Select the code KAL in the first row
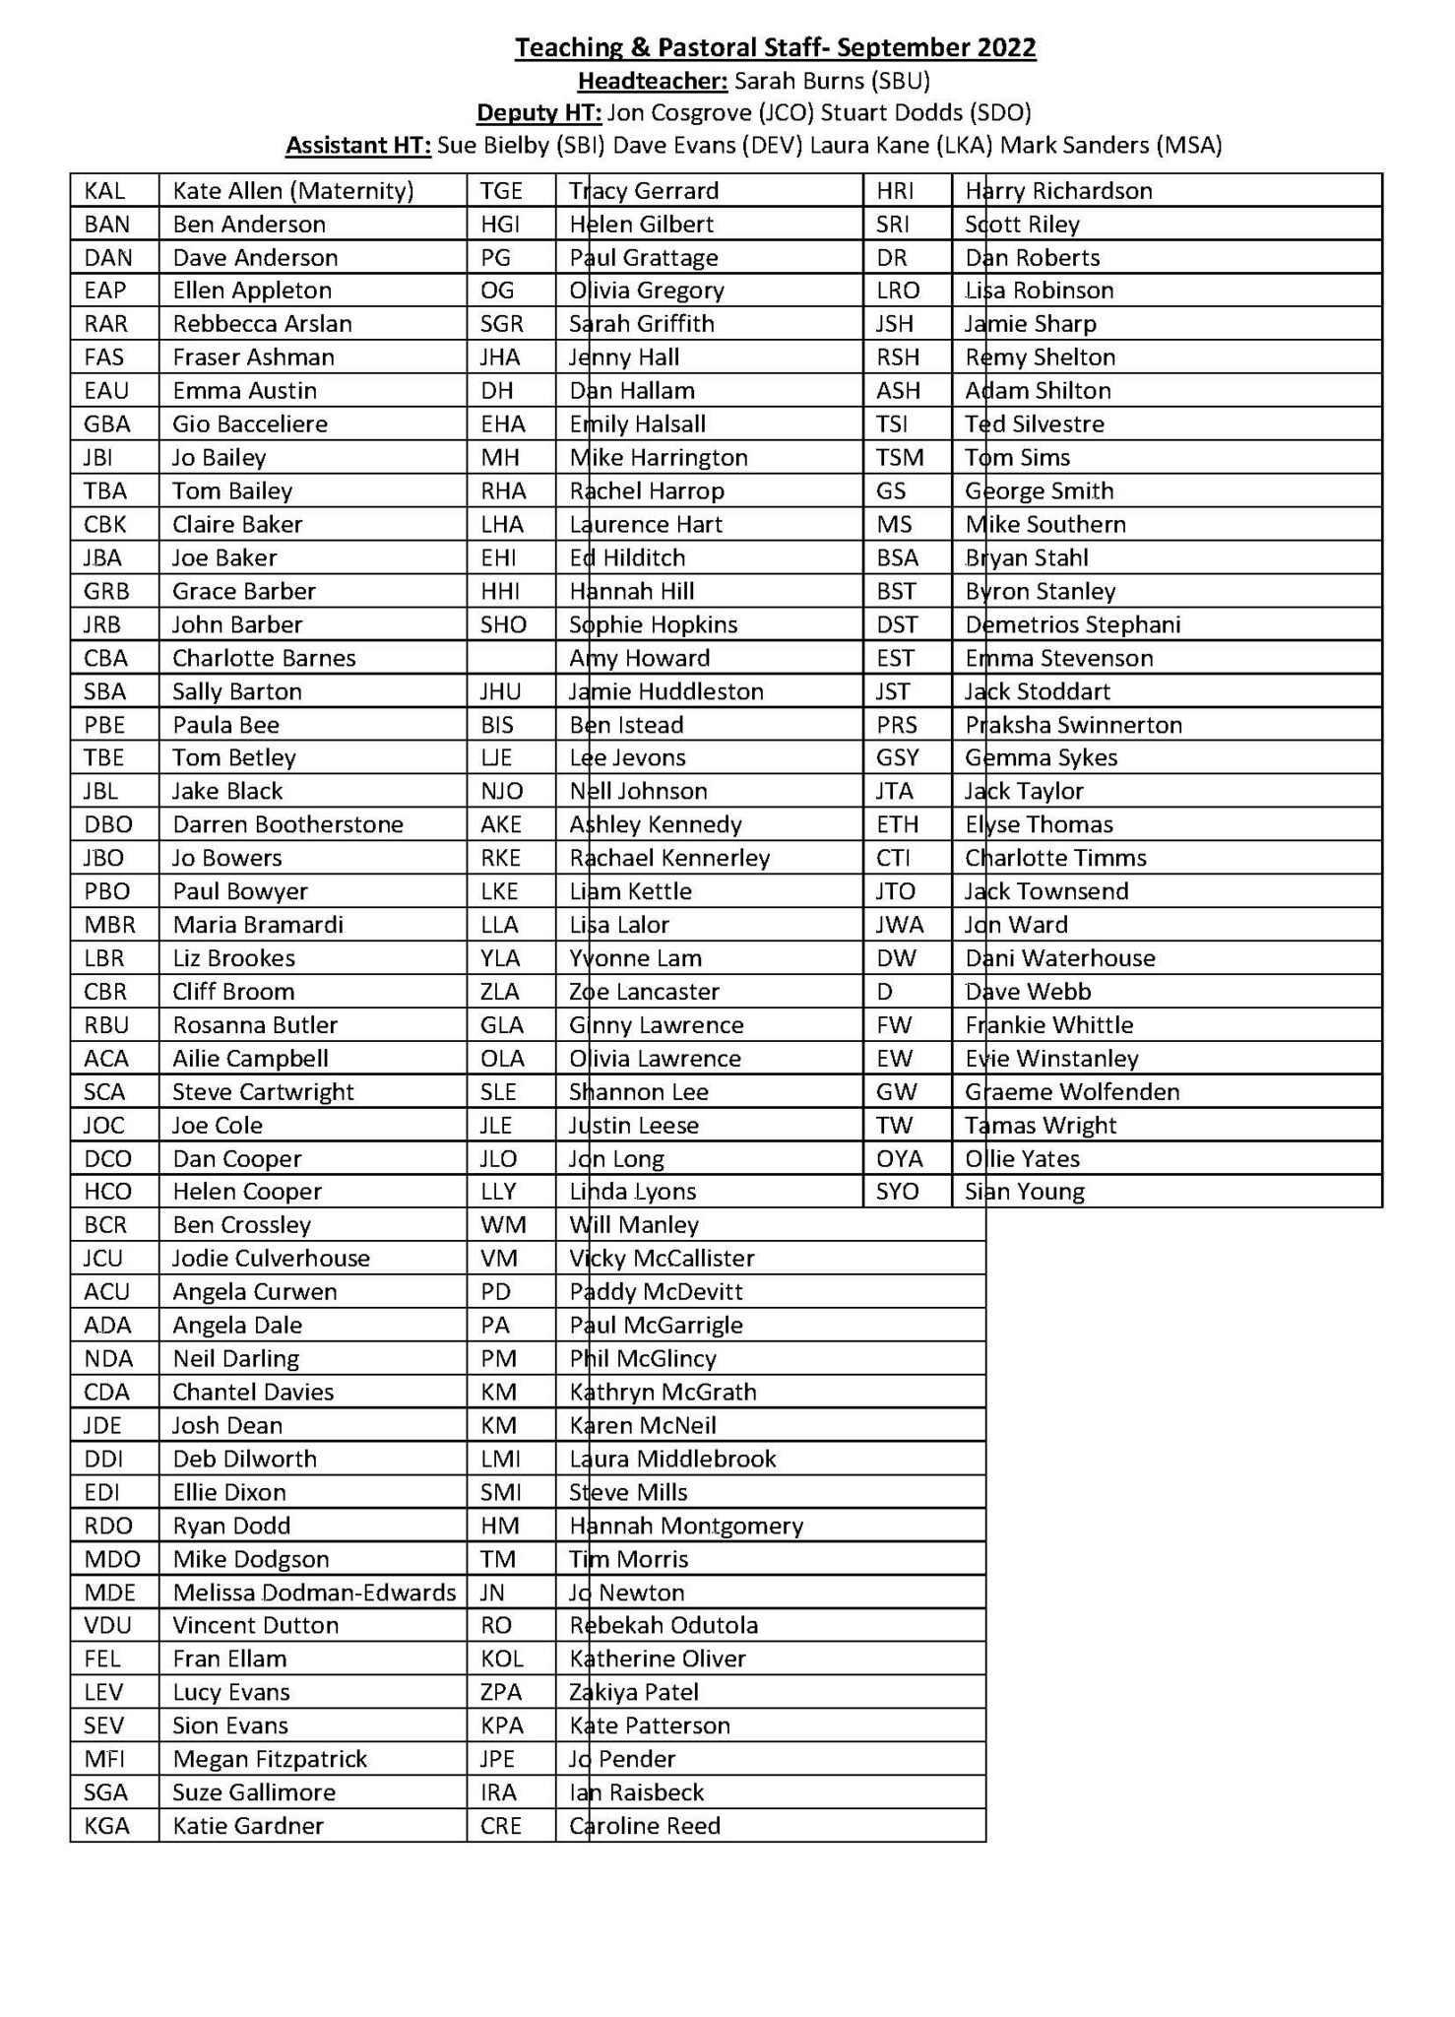point(105,191)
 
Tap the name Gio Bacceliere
point(250,424)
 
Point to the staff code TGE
point(501,191)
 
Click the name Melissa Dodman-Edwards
point(314,1593)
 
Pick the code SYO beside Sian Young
point(897,1192)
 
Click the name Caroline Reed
point(645,1826)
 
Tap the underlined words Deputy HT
point(538,113)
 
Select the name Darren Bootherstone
point(287,824)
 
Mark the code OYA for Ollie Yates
point(899,1158)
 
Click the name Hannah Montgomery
point(686,1526)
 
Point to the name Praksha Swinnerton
point(1073,725)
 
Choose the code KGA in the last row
point(106,1826)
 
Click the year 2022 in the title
point(1006,47)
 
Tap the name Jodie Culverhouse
point(271,1259)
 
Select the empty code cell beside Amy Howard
point(511,658)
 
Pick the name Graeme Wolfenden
point(1072,1091)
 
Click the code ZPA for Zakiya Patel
point(501,1692)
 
